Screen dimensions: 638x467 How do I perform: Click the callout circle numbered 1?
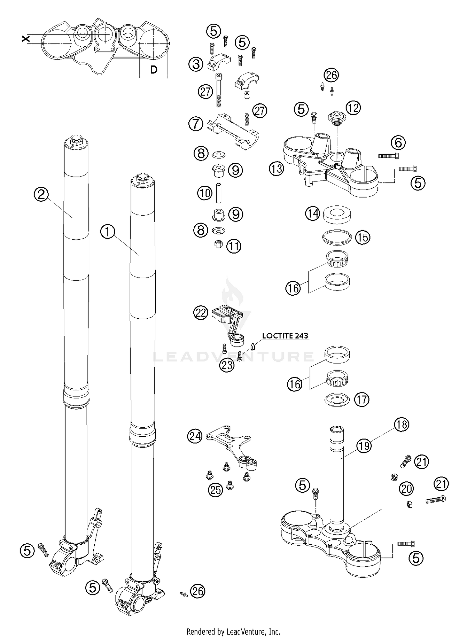(108, 232)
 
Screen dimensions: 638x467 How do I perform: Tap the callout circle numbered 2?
(41, 195)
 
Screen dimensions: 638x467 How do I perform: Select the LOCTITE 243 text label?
(285, 336)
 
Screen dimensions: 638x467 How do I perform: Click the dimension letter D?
(153, 70)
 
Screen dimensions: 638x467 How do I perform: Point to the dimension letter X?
(26, 39)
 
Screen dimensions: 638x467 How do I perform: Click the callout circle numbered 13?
(276, 169)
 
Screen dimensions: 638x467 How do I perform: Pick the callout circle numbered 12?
(353, 108)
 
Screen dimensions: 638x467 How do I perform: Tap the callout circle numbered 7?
(196, 124)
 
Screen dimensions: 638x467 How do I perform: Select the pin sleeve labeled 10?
(219, 193)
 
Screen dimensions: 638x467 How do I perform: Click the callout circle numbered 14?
(312, 214)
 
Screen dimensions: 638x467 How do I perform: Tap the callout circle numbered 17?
(361, 399)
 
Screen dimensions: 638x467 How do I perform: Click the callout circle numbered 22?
(201, 312)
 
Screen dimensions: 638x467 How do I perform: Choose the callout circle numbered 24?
(195, 436)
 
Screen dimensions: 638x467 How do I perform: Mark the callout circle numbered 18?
(401, 425)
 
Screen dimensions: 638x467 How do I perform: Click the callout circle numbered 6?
(398, 143)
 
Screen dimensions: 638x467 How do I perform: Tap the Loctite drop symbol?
(253, 346)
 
